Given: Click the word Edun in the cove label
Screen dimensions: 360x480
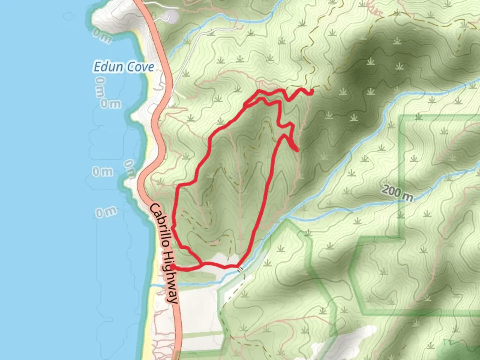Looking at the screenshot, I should pos(107,67).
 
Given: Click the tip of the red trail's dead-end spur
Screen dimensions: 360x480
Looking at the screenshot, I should pos(297,151).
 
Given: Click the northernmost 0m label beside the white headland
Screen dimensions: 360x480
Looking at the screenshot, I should pos(102,36).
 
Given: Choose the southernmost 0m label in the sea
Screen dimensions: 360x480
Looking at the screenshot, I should pos(106,212).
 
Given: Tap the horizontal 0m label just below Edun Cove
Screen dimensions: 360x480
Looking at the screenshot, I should pos(110,104).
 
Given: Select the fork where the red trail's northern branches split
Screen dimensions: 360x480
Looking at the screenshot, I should pos(247,105).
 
